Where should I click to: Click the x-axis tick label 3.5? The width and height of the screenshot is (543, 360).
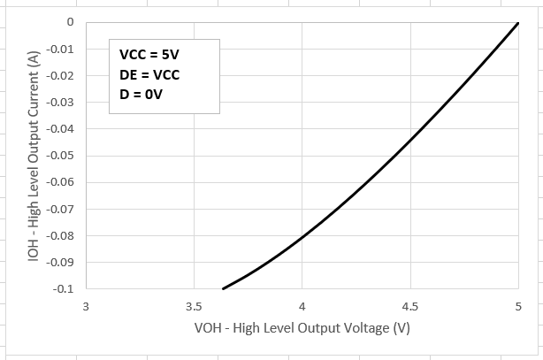pos(194,308)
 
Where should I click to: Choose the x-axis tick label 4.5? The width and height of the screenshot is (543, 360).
pos(409,308)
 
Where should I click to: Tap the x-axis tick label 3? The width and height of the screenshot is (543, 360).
pos(86,308)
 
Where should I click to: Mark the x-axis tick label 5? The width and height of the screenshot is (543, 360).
pos(517,308)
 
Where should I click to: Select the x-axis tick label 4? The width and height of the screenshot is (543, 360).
pos(302,308)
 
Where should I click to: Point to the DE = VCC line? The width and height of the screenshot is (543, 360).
pos(149,74)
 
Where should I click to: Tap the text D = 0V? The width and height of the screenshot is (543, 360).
pos(144,95)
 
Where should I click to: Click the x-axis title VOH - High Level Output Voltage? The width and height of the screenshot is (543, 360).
pos(301,328)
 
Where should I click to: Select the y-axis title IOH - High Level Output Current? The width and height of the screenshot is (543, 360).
pos(34,156)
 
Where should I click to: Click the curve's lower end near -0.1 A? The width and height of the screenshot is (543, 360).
pos(223,288)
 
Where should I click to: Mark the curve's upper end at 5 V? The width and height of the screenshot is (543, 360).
pos(517,23)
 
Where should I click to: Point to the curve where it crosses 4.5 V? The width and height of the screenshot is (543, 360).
pos(409,141)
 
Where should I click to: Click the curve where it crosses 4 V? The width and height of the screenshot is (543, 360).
pos(302,237)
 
